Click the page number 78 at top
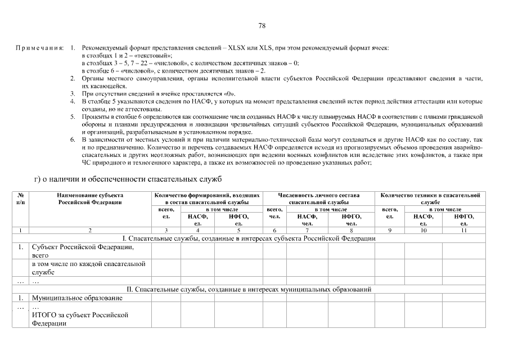click(x=262, y=26)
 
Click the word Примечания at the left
click(x=39, y=49)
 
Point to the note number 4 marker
click(x=73, y=101)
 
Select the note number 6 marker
click(x=73, y=138)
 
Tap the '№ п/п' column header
click(x=20, y=199)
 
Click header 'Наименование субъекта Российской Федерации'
click(x=90, y=199)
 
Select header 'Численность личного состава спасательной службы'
click(x=319, y=199)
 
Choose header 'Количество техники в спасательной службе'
click(x=430, y=199)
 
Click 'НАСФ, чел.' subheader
click(x=307, y=219)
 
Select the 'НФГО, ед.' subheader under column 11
click(x=464, y=219)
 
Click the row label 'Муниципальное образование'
click(x=77, y=298)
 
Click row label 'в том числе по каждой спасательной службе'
click(x=88, y=268)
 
